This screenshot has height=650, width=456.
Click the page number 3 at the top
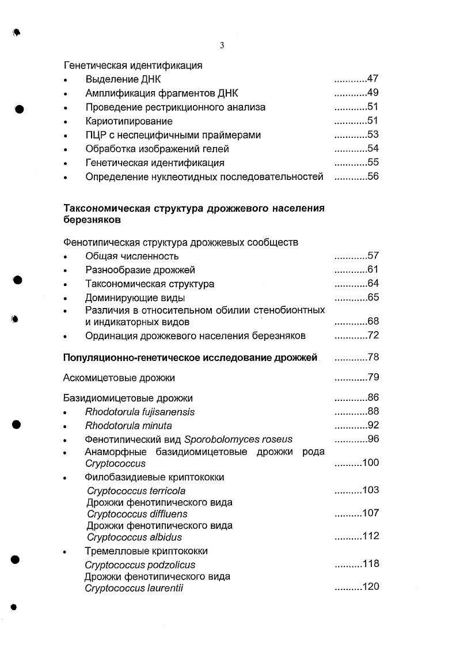click(222, 46)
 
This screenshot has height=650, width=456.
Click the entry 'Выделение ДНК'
click(123, 80)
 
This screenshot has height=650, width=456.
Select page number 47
click(373, 79)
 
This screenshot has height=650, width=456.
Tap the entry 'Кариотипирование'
click(128, 121)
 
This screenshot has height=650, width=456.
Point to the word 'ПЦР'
click(96, 135)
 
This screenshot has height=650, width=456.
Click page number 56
click(373, 176)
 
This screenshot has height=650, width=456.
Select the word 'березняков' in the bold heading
click(92, 220)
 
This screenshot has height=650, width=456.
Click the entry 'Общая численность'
click(132, 256)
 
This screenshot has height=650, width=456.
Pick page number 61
click(373, 269)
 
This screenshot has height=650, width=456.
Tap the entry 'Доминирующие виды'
click(135, 298)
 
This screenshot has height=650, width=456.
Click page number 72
click(373, 336)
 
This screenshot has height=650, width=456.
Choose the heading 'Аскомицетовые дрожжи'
click(119, 378)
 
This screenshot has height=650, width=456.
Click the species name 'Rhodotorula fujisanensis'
click(140, 412)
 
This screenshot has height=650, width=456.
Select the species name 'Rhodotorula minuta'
click(128, 426)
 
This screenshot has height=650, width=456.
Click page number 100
click(370, 463)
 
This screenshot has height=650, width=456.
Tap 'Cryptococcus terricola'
click(136, 491)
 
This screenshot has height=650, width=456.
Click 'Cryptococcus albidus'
click(134, 537)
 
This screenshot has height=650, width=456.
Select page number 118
click(370, 564)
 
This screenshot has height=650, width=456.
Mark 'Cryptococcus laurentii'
click(134, 588)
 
